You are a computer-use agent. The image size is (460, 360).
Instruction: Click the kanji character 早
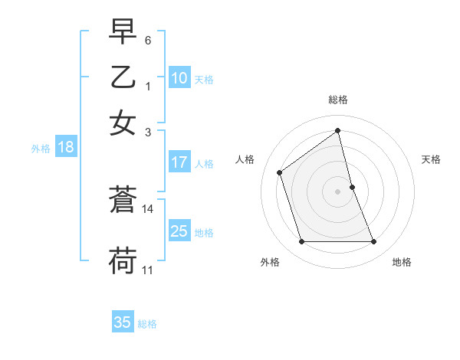point(123,33)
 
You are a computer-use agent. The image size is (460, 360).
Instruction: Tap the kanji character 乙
point(123,77)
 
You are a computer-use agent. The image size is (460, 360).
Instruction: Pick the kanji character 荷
point(123,261)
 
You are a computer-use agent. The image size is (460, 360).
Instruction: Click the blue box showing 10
point(179,77)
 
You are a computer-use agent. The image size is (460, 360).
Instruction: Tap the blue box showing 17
point(179,162)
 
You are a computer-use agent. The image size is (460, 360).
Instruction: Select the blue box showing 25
point(179,231)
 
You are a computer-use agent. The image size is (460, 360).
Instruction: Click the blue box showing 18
point(66,147)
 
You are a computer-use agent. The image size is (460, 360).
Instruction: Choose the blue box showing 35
point(123,322)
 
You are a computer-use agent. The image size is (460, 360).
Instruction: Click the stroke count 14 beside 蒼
point(148,208)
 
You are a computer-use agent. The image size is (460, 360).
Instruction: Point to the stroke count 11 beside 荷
point(148,270)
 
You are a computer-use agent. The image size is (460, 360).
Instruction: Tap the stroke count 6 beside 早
point(148,40)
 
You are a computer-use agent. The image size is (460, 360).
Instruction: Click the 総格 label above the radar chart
point(338,100)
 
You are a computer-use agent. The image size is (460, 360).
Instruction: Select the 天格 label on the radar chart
point(432,159)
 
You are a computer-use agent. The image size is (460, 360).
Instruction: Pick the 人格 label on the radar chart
point(245,159)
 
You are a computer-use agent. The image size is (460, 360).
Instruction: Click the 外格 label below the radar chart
point(270,262)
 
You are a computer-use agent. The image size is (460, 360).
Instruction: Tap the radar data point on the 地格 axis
point(374,242)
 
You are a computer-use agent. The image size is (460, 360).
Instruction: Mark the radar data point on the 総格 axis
point(338,131)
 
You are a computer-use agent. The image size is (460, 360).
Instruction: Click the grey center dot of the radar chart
point(338,191)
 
